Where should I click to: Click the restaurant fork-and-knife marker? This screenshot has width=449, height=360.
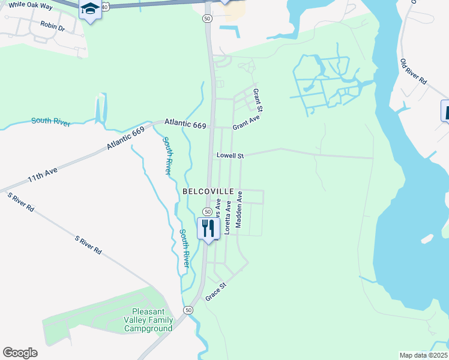pos(208,229)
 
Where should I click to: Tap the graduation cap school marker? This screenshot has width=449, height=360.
pos(90,10)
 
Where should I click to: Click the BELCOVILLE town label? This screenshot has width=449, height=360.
pos(208,191)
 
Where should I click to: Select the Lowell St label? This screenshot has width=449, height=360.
pos(231,156)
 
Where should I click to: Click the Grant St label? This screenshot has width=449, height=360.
pos(258,100)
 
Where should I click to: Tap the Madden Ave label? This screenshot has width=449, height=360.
pos(239,209)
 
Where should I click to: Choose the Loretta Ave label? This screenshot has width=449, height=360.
pos(228,217)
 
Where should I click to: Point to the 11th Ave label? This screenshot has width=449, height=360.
pos(42,175)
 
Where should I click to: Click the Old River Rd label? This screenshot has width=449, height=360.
pos(413,71)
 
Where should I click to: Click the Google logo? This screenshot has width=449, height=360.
pos(20,353)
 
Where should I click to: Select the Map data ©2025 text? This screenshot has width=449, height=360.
pos(423,355)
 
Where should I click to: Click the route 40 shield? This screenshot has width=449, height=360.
pos(105,7)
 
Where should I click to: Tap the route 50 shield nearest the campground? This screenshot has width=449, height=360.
pos(188,310)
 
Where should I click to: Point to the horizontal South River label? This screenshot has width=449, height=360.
pos(51,121)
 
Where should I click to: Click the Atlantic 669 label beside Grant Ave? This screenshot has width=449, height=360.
pos(186,125)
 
